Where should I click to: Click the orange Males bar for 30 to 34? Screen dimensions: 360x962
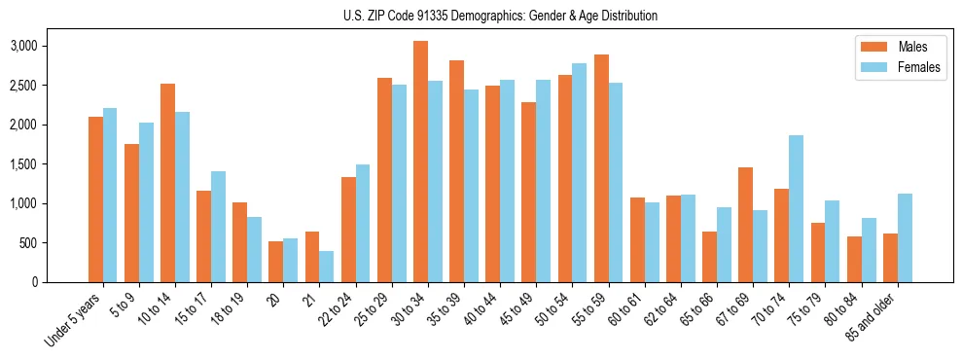(420, 162)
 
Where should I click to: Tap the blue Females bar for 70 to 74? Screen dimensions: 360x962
(796, 208)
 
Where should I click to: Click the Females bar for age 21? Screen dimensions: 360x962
(326, 267)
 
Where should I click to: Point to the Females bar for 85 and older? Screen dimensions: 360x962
(905, 237)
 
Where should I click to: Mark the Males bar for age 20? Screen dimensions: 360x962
(275, 262)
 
